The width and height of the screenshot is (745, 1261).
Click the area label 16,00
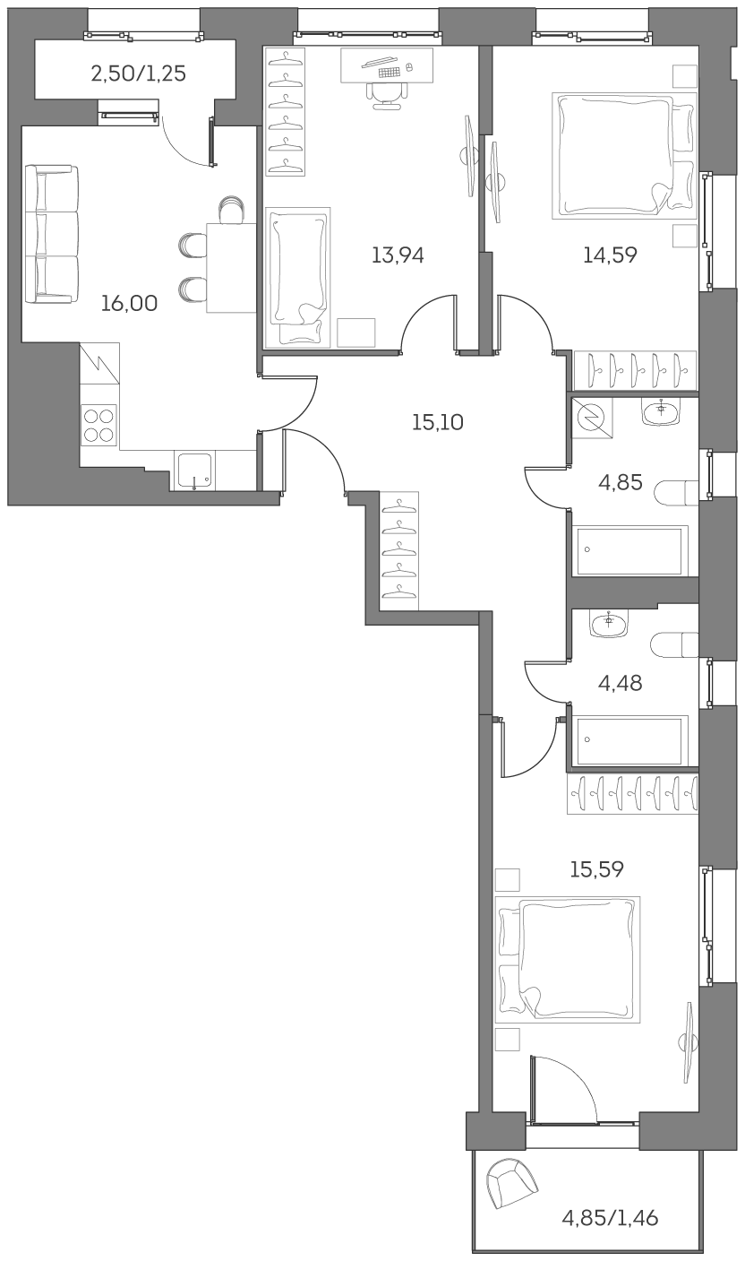point(129,304)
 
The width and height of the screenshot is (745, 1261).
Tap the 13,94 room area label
point(398,255)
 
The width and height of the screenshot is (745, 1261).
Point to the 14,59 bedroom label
point(610,255)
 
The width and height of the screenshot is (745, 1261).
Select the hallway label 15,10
point(437,422)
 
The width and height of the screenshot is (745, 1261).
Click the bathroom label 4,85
point(621,483)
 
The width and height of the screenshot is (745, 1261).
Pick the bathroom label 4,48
point(621,684)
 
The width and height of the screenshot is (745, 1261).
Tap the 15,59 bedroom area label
point(597,868)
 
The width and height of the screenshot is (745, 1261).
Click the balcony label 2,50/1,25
point(138,73)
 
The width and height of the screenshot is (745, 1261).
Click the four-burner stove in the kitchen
point(98,425)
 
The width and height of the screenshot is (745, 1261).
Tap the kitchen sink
point(194,471)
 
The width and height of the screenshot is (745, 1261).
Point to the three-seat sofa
point(51,233)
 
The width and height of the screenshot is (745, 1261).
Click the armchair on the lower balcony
point(510,1182)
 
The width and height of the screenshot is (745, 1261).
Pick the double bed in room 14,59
point(624,155)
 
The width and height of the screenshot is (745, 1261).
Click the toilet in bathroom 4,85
point(676,494)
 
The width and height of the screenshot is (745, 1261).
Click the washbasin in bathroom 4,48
point(610,621)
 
